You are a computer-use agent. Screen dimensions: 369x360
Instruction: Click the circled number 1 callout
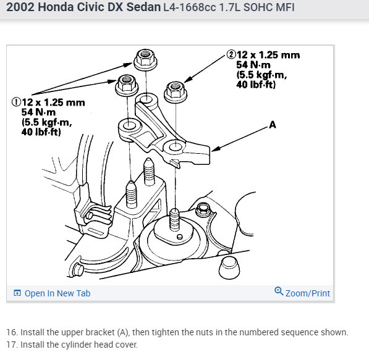pyautogui.click(x=16, y=103)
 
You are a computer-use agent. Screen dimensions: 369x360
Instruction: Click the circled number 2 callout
pyautogui.click(x=231, y=54)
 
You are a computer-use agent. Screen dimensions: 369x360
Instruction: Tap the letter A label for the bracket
pyautogui.click(x=273, y=125)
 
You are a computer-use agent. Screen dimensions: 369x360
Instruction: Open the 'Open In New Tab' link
pyautogui.click(x=57, y=293)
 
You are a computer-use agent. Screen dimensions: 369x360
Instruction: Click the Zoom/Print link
pyautogui.click(x=308, y=293)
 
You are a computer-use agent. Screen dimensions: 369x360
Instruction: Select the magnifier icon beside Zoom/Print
pyautogui.click(x=279, y=291)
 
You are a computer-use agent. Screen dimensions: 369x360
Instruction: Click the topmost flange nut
pyautogui.click(x=145, y=59)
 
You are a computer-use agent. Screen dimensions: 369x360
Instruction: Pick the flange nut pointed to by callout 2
pyautogui.click(x=176, y=92)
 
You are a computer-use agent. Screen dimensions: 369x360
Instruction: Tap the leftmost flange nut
pyautogui.click(x=127, y=85)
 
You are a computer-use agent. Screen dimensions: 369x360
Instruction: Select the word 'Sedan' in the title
pyautogui.click(x=143, y=7)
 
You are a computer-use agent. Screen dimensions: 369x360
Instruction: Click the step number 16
pyautogui.click(x=12, y=332)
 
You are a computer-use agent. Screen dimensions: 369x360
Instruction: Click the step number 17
pyautogui.click(x=12, y=345)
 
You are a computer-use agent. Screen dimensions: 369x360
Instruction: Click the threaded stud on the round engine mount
pyautogui.click(x=174, y=220)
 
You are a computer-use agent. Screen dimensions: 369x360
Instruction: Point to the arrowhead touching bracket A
pyautogui.click(x=216, y=149)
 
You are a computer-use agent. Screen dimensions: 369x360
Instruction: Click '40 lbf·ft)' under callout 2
pyautogui.click(x=256, y=85)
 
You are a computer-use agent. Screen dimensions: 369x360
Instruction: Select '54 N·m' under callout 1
pyautogui.click(x=38, y=112)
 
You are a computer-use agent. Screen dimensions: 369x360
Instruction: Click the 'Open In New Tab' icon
pyautogui.click(x=17, y=293)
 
